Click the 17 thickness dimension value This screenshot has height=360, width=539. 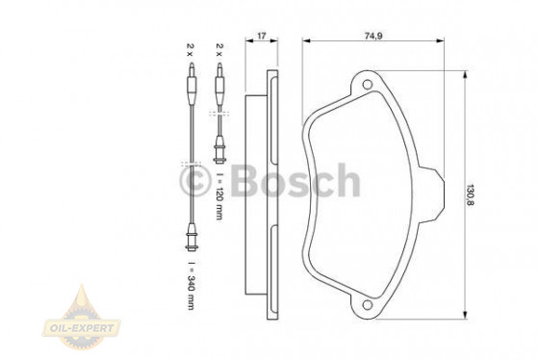click(262, 36)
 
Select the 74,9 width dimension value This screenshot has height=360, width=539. click(373, 36)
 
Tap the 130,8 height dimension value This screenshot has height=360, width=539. click(470, 195)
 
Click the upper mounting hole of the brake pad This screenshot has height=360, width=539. click(368, 85)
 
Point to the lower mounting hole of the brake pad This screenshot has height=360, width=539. click(368, 304)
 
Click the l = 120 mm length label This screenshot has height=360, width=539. click(219, 196)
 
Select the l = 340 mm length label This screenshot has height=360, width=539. click(192, 286)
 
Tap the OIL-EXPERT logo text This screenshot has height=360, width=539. click(82, 327)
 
